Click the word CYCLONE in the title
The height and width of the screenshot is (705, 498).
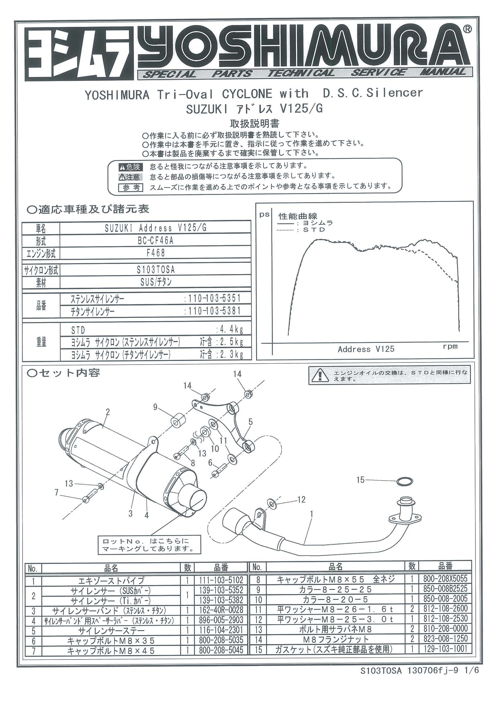point(247,94)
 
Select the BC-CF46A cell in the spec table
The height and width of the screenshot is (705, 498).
point(156,240)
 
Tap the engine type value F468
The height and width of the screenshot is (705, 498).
point(156,253)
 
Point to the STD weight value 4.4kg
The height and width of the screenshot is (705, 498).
point(230,330)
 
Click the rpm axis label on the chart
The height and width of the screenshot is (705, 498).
point(450,346)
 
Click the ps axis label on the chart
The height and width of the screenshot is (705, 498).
point(264,215)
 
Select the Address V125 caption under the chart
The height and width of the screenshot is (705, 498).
point(366,349)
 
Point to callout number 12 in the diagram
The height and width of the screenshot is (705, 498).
point(301,499)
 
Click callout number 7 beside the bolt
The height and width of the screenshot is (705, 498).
point(57,493)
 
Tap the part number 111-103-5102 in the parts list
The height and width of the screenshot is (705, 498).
point(221,580)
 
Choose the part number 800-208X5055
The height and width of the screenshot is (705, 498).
point(445,579)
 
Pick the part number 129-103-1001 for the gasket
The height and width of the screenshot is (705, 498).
point(445,649)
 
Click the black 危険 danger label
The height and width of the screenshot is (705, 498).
point(130,167)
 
